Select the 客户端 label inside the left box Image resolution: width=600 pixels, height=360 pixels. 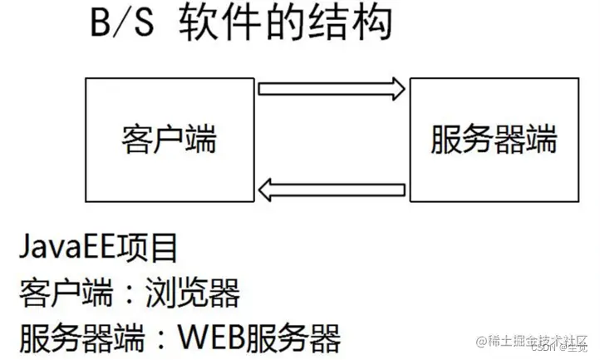point(169,138)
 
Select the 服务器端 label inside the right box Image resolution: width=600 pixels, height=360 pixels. point(494,138)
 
